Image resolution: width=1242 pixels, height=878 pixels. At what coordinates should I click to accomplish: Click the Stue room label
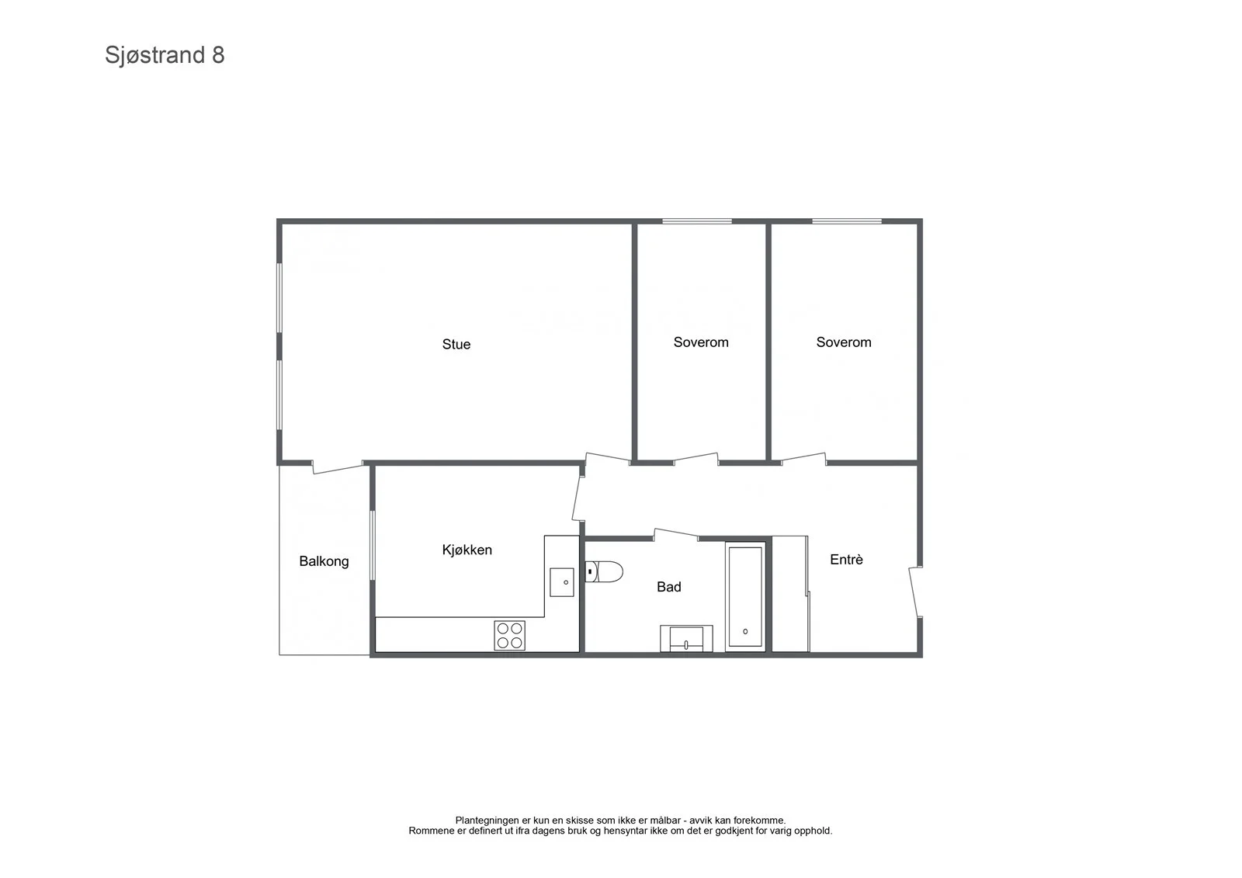pos(456,345)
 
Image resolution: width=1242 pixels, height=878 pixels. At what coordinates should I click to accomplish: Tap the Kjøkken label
pos(467,550)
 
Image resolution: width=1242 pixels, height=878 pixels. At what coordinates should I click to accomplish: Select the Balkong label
pos(324,561)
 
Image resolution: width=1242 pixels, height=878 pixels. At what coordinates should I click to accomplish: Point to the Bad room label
pos(668,587)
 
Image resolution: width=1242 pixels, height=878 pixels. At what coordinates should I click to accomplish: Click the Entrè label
pos(846,560)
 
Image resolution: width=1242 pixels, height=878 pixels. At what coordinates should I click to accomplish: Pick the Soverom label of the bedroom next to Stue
pos(701,342)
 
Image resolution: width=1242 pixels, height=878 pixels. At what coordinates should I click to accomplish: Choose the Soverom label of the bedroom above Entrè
pos(843,342)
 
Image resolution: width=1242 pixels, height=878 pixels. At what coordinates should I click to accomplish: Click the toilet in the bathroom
pos(604,571)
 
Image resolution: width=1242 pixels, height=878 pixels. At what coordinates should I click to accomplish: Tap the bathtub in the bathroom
pos(745,596)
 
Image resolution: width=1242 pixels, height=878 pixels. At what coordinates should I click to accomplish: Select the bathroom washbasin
pos(686,638)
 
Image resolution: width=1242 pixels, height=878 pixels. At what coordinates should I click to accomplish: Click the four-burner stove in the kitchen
pos(509,636)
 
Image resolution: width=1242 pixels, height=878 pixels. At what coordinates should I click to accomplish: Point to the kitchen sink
pos(562,582)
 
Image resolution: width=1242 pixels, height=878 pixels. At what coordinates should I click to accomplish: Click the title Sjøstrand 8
pos(165,55)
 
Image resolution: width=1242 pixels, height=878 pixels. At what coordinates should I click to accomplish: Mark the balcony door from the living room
pos(338,467)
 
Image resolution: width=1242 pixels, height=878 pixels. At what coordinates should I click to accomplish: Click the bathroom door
pos(675,535)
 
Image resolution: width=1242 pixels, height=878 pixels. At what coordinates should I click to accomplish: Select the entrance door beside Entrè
pos(915,592)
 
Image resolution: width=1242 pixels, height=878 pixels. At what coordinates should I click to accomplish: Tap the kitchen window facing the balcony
pos(373,545)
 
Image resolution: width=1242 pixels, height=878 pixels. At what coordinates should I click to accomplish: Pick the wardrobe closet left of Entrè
pos(790,593)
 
